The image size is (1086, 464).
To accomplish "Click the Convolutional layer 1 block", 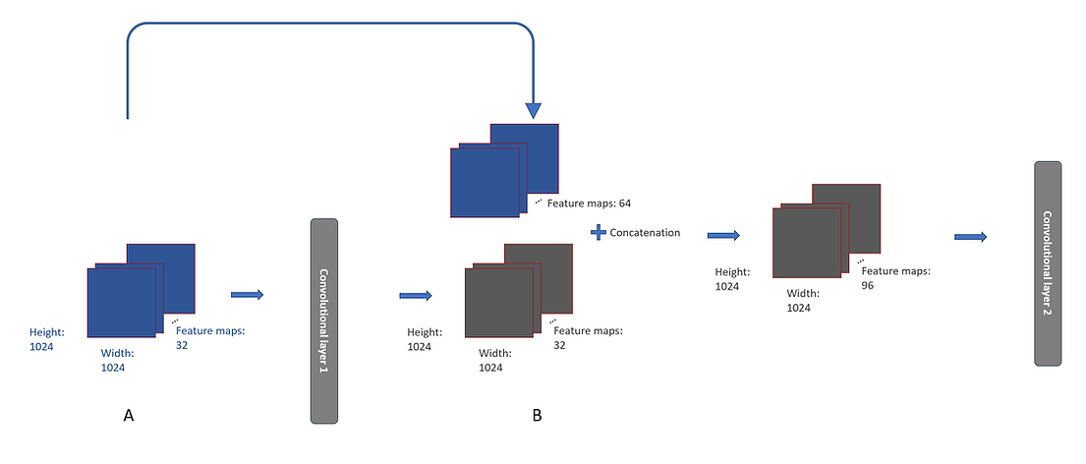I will pyautogui.click(x=324, y=320).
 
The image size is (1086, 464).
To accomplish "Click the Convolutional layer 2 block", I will pyautogui.click(x=1048, y=262).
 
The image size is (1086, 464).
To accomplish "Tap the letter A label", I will pyautogui.click(x=129, y=416).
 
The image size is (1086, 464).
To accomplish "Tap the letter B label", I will pyautogui.click(x=537, y=416).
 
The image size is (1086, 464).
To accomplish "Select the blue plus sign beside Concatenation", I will pyautogui.click(x=596, y=233).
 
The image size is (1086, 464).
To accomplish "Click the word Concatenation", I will pyautogui.click(x=645, y=233).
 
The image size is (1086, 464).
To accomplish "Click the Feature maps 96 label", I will pyautogui.click(x=894, y=277).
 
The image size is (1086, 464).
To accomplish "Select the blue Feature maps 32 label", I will pyautogui.click(x=210, y=337).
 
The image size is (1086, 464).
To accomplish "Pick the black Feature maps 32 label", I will pyautogui.click(x=589, y=337).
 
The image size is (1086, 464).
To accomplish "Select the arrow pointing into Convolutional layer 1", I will pyautogui.click(x=247, y=294).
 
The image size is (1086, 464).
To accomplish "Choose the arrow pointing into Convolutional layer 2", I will pyautogui.click(x=970, y=236).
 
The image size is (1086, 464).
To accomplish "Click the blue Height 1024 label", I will pyautogui.click(x=48, y=340).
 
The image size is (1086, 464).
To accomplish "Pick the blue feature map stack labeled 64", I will pyautogui.click(x=504, y=171).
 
